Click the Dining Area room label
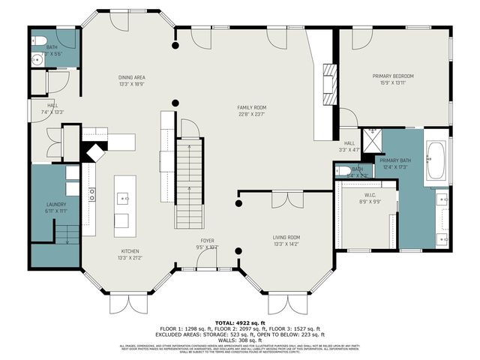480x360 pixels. click(131, 80)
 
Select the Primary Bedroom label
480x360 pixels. click(393, 79)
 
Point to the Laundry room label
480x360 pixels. click(56, 208)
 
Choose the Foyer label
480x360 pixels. click(207, 244)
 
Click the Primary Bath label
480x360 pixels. click(393, 163)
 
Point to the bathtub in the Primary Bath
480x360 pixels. click(436, 160)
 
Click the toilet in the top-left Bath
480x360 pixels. click(40, 40)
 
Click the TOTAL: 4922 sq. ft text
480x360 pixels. click(239, 322)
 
